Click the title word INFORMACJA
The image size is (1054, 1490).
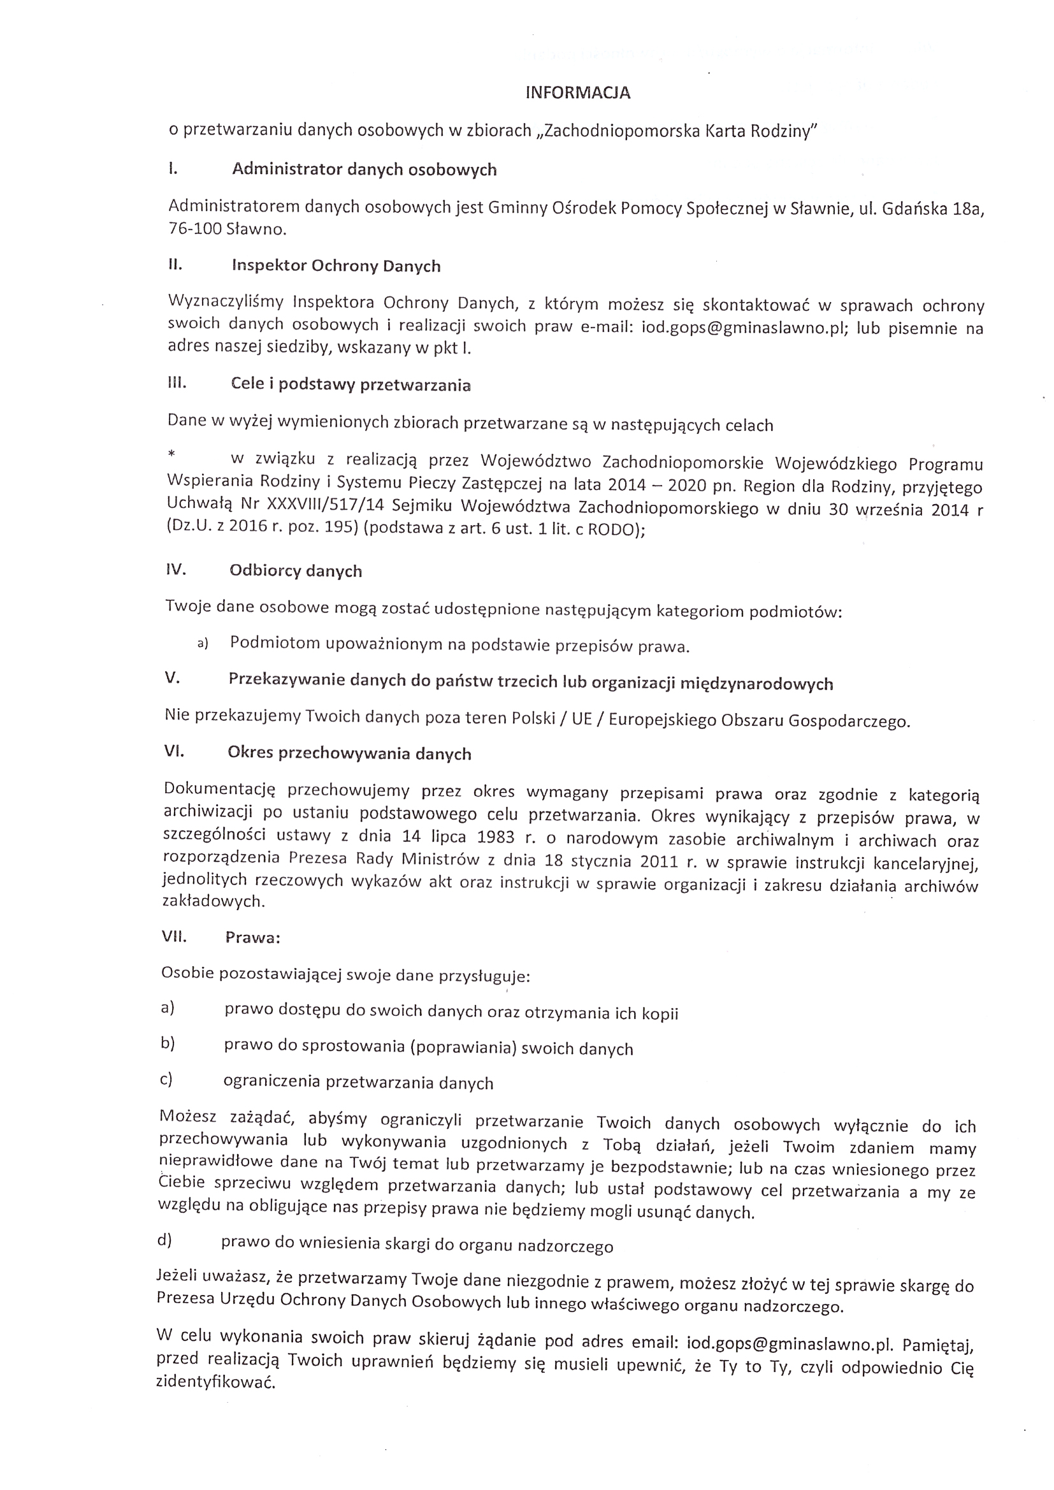577,93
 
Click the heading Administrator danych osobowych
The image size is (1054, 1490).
364,170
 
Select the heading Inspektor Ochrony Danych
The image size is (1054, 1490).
336,266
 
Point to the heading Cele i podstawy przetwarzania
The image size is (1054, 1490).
350,385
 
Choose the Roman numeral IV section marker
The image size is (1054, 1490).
175,570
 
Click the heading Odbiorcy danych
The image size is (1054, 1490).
295,571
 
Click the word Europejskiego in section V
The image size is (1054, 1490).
660,720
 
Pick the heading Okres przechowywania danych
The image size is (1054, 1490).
349,753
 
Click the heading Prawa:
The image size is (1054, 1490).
252,937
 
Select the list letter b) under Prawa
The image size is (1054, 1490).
168,1043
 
